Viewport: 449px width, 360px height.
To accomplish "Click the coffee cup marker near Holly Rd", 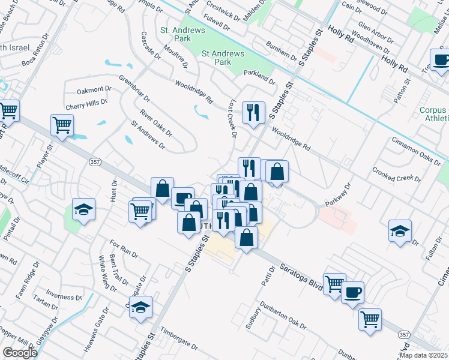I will pyautogui.click(x=442, y=60).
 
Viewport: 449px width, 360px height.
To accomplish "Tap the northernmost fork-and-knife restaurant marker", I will pyautogui.click(x=253, y=112).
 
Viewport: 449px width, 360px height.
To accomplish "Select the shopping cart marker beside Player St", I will pyautogui.click(x=62, y=125).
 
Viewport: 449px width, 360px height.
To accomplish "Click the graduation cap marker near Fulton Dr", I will pyautogui.click(x=400, y=231).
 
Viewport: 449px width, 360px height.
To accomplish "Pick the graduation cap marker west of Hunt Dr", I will pyautogui.click(x=83, y=209).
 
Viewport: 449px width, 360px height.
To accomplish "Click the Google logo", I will pyautogui.click(x=20, y=352).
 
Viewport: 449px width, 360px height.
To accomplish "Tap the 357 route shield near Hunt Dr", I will pyautogui.click(x=95, y=162).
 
